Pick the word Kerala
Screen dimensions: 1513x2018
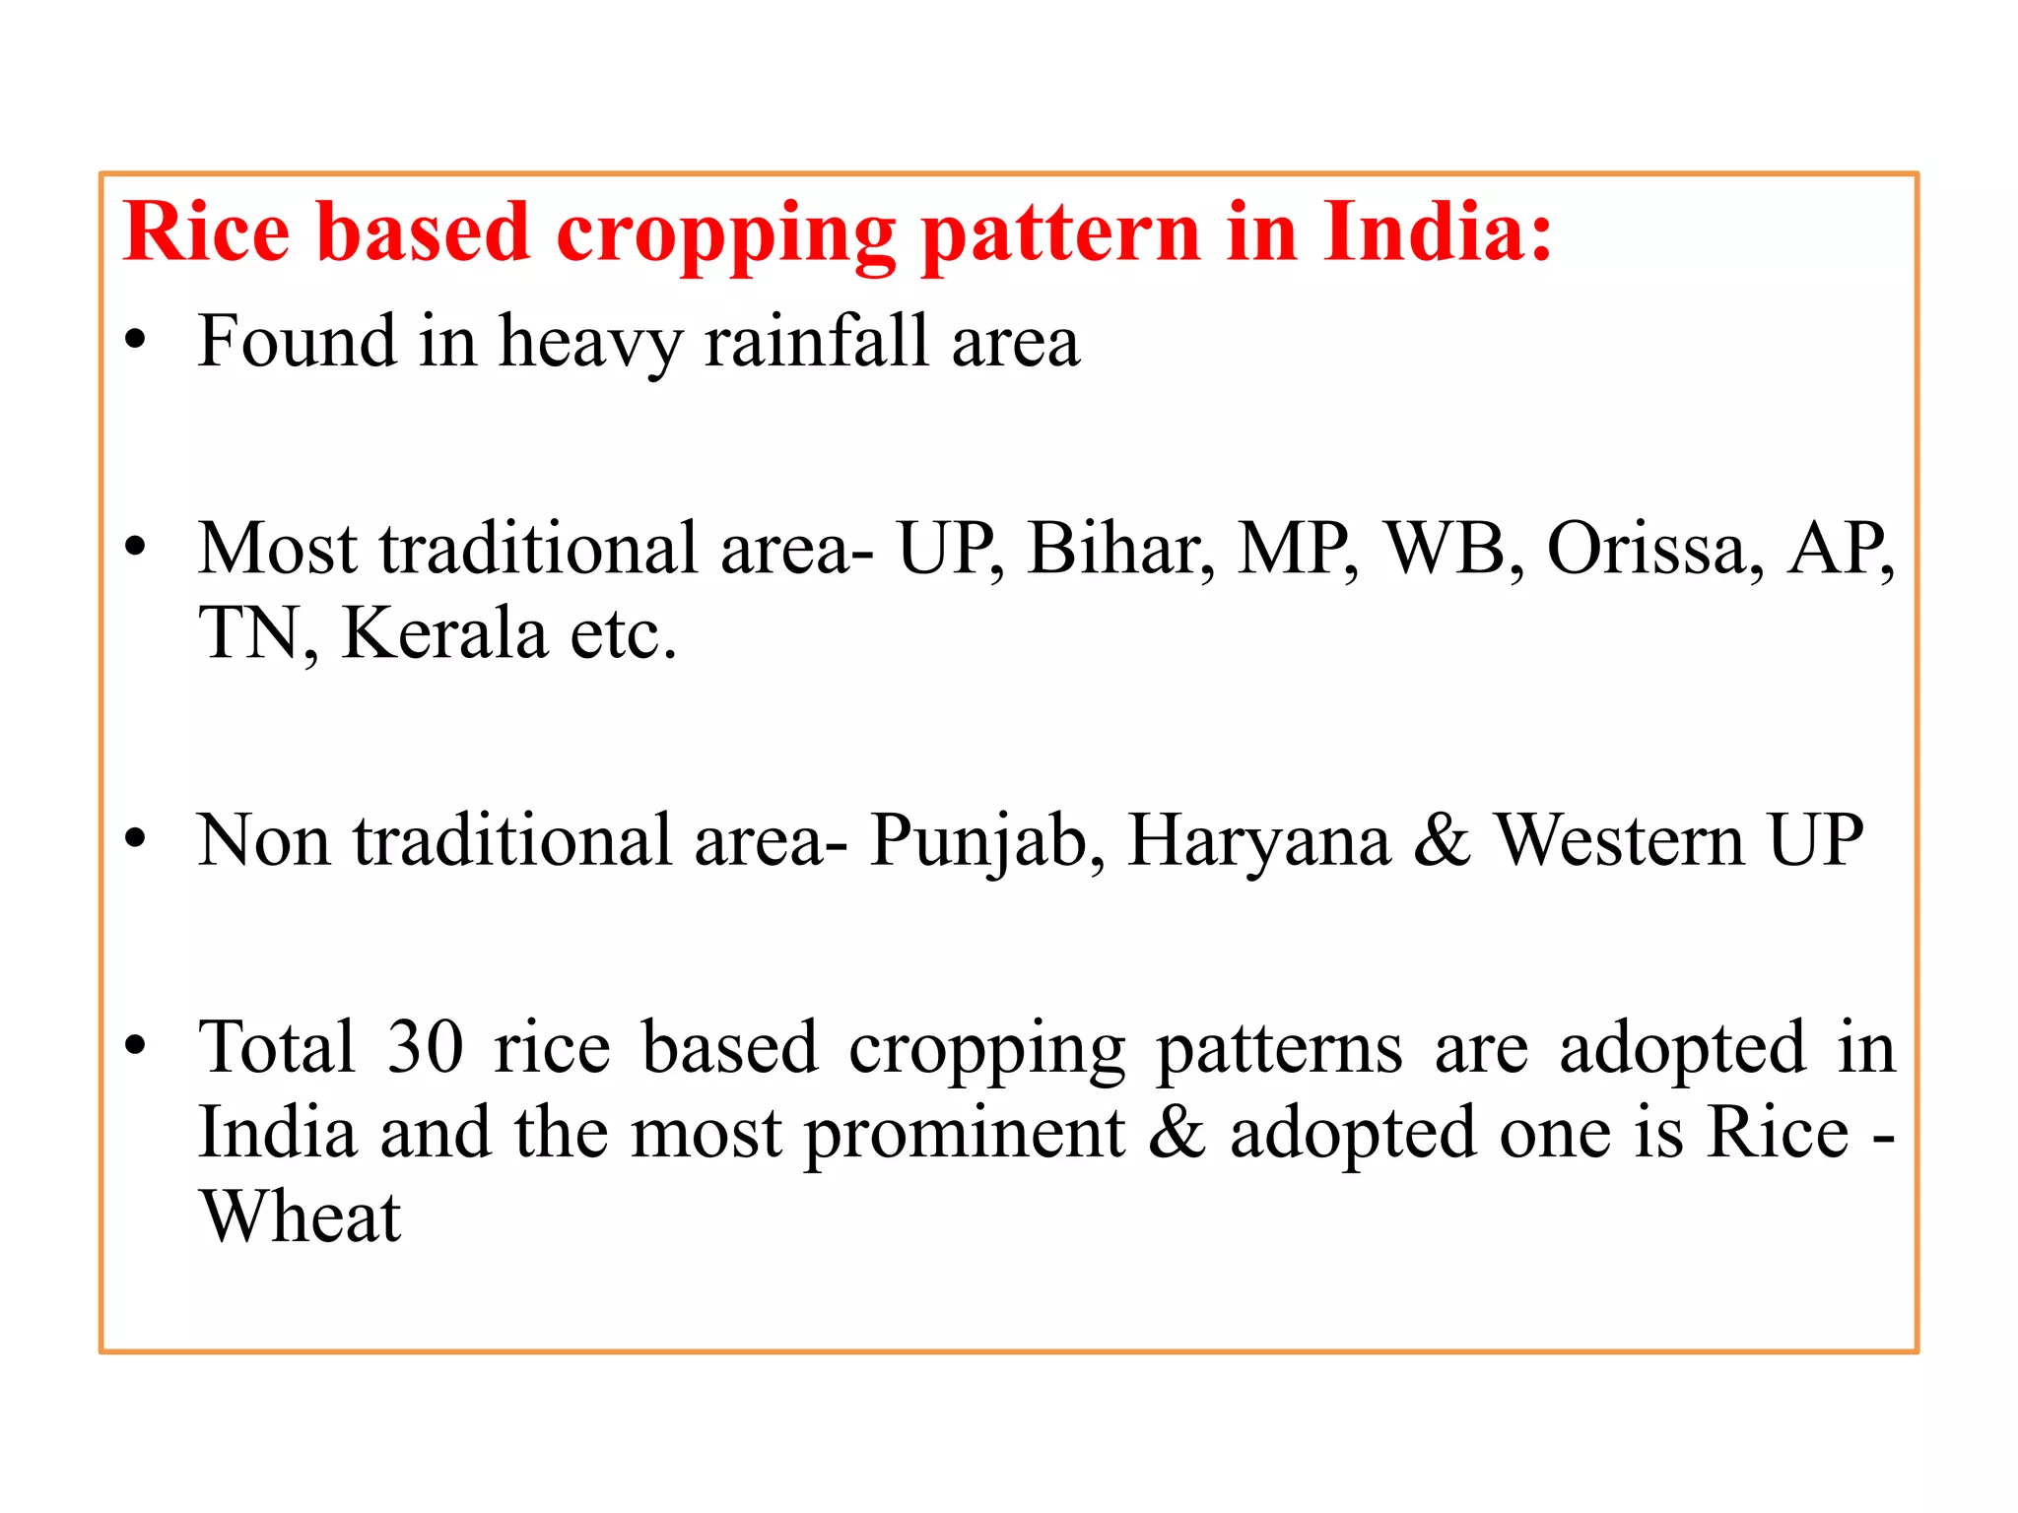pyautogui.click(x=444, y=632)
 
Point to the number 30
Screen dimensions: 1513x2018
pyautogui.click(x=425, y=1046)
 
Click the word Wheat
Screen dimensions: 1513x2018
pyautogui.click(x=301, y=1217)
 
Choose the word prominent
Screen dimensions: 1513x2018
pyautogui.click(x=965, y=1133)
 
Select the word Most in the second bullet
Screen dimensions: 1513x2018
pyautogui.click(x=277, y=548)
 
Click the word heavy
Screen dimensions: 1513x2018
pyautogui.click(x=589, y=341)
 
